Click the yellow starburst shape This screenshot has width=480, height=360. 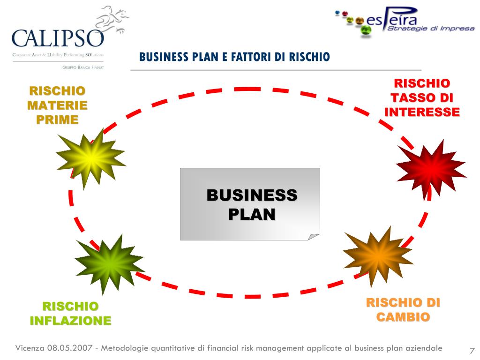click(x=91, y=157)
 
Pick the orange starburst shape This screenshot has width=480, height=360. click(x=378, y=255)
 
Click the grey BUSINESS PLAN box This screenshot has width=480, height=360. click(x=250, y=204)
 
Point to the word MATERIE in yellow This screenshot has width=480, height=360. click(x=57, y=105)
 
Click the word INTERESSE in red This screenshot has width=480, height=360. click(x=422, y=112)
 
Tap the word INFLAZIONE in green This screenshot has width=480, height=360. click(x=71, y=321)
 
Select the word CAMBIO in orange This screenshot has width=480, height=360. click(x=403, y=317)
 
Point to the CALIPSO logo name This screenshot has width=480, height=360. click(x=57, y=38)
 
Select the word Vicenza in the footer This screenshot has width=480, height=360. click(x=30, y=348)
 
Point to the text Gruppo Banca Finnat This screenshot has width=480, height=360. click(x=83, y=67)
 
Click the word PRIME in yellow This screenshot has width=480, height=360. click(x=57, y=120)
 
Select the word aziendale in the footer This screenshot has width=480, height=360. click(x=420, y=348)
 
